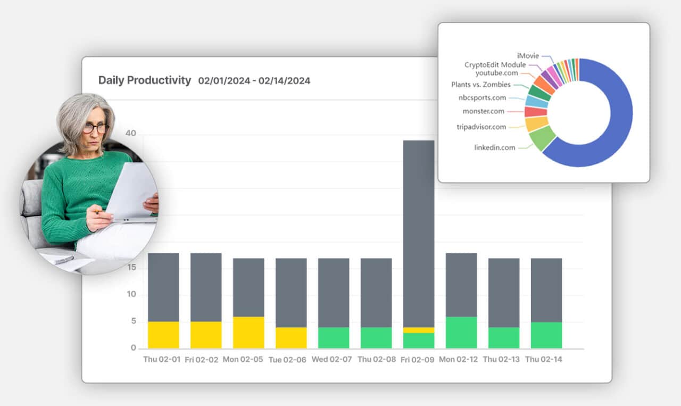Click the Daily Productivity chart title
[x=144, y=80]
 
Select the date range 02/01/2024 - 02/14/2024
[x=254, y=81]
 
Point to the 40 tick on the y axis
[x=130, y=133]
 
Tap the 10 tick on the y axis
[x=130, y=294]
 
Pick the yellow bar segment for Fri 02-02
[x=206, y=335]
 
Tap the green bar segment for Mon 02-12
[x=461, y=333]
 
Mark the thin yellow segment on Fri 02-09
[x=419, y=330]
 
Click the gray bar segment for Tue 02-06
[x=291, y=293]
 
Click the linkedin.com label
[x=494, y=147]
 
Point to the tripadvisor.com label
[x=481, y=127]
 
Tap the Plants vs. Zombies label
[x=480, y=85]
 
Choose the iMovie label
[x=528, y=55]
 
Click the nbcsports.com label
[x=482, y=98]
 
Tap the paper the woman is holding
[x=130, y=192]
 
